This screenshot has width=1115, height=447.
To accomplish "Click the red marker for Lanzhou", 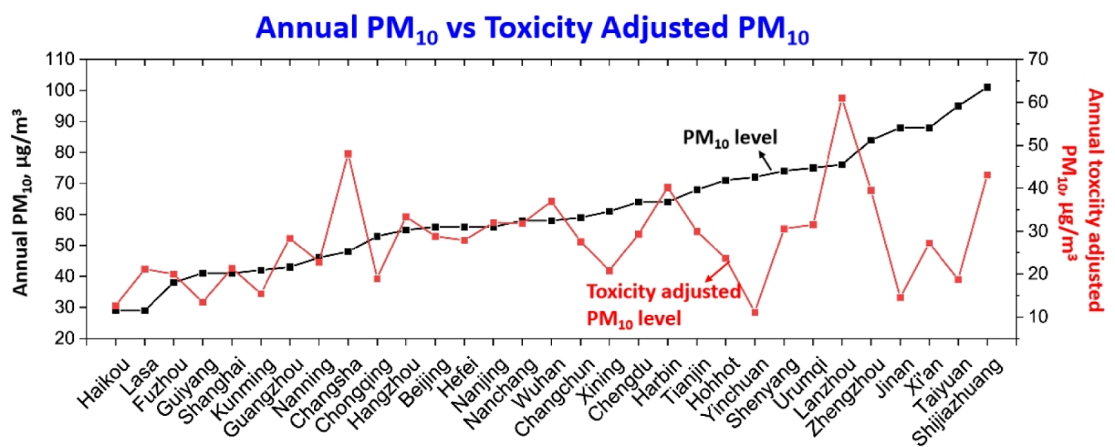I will coord(842,98).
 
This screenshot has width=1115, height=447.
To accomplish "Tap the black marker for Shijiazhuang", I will coord(987,88).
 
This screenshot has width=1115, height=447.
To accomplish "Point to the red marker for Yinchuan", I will coord(754,312).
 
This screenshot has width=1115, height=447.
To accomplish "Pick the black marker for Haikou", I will coord(116,310).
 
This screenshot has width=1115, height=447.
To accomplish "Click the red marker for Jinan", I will coord(900,297).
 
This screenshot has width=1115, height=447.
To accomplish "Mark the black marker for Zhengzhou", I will coord(871,140).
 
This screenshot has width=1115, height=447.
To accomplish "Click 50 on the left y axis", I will coord(68,245).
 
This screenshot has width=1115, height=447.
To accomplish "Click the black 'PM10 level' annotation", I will coord(729,137).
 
